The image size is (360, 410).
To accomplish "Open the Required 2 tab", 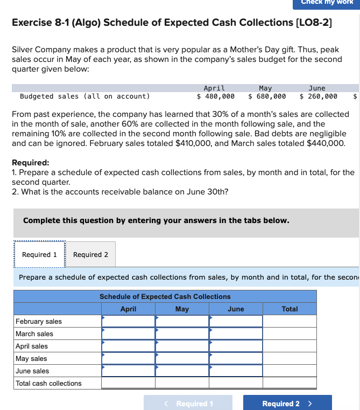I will point(90,254).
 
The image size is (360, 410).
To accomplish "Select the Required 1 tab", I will point(39,254).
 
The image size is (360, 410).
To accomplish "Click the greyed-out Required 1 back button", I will point(188,403).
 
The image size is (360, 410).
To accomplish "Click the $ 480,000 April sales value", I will point(215,96).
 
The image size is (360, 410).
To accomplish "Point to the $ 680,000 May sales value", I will point(267,96).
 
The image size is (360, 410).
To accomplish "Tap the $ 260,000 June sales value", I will point(319,96).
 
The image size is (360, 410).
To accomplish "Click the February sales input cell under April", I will point(128,321).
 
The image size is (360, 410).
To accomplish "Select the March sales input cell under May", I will point(182,333).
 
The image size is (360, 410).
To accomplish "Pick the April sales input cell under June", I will point(236,346).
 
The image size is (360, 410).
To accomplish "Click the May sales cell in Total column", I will point(290,358).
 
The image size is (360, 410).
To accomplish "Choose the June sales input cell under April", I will point(128,371).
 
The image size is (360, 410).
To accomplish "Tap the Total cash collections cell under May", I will point(182,383).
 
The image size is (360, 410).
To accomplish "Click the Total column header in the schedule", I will point(290,309).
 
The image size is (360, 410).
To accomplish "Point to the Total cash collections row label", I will point(48,383).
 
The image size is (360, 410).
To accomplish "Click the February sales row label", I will point(39,321).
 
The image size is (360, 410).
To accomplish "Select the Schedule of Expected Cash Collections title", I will point(165,296).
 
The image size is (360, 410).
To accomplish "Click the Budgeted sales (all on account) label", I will point(84,96).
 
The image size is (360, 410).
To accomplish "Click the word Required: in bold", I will point(31,163).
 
